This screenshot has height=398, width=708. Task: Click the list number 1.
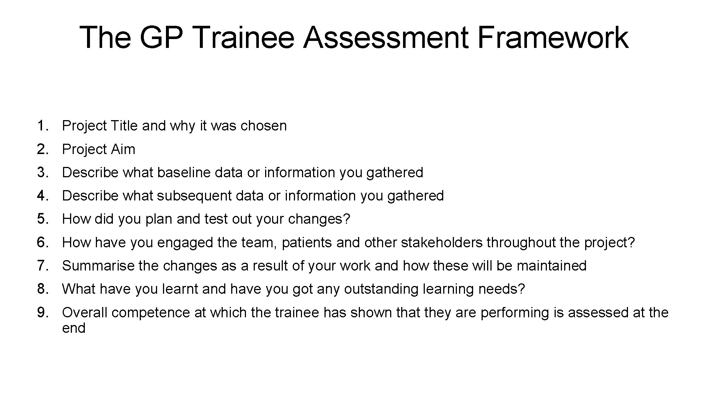[42, 126]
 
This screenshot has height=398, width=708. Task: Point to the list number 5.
[42, 219]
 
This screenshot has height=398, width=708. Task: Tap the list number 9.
[42, 313]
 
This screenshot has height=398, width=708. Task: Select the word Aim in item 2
[124, 149]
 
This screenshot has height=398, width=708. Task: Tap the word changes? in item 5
[319, 219]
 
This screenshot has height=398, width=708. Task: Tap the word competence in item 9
[151, 313]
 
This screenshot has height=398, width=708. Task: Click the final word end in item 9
[74, 328]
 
